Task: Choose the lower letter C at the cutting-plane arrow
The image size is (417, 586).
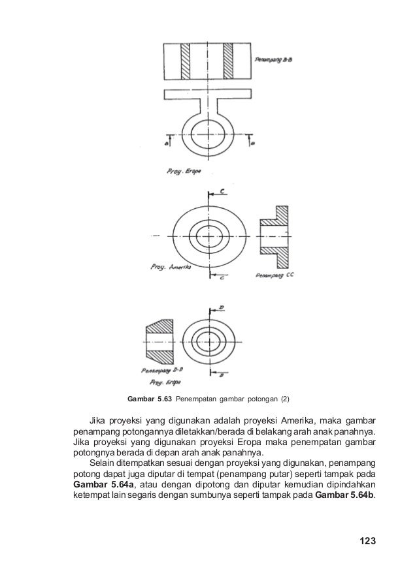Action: (x=222, y=278)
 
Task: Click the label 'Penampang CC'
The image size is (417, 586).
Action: (x=277, y=275)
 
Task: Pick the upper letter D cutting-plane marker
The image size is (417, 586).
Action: (x=222, y=307)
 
